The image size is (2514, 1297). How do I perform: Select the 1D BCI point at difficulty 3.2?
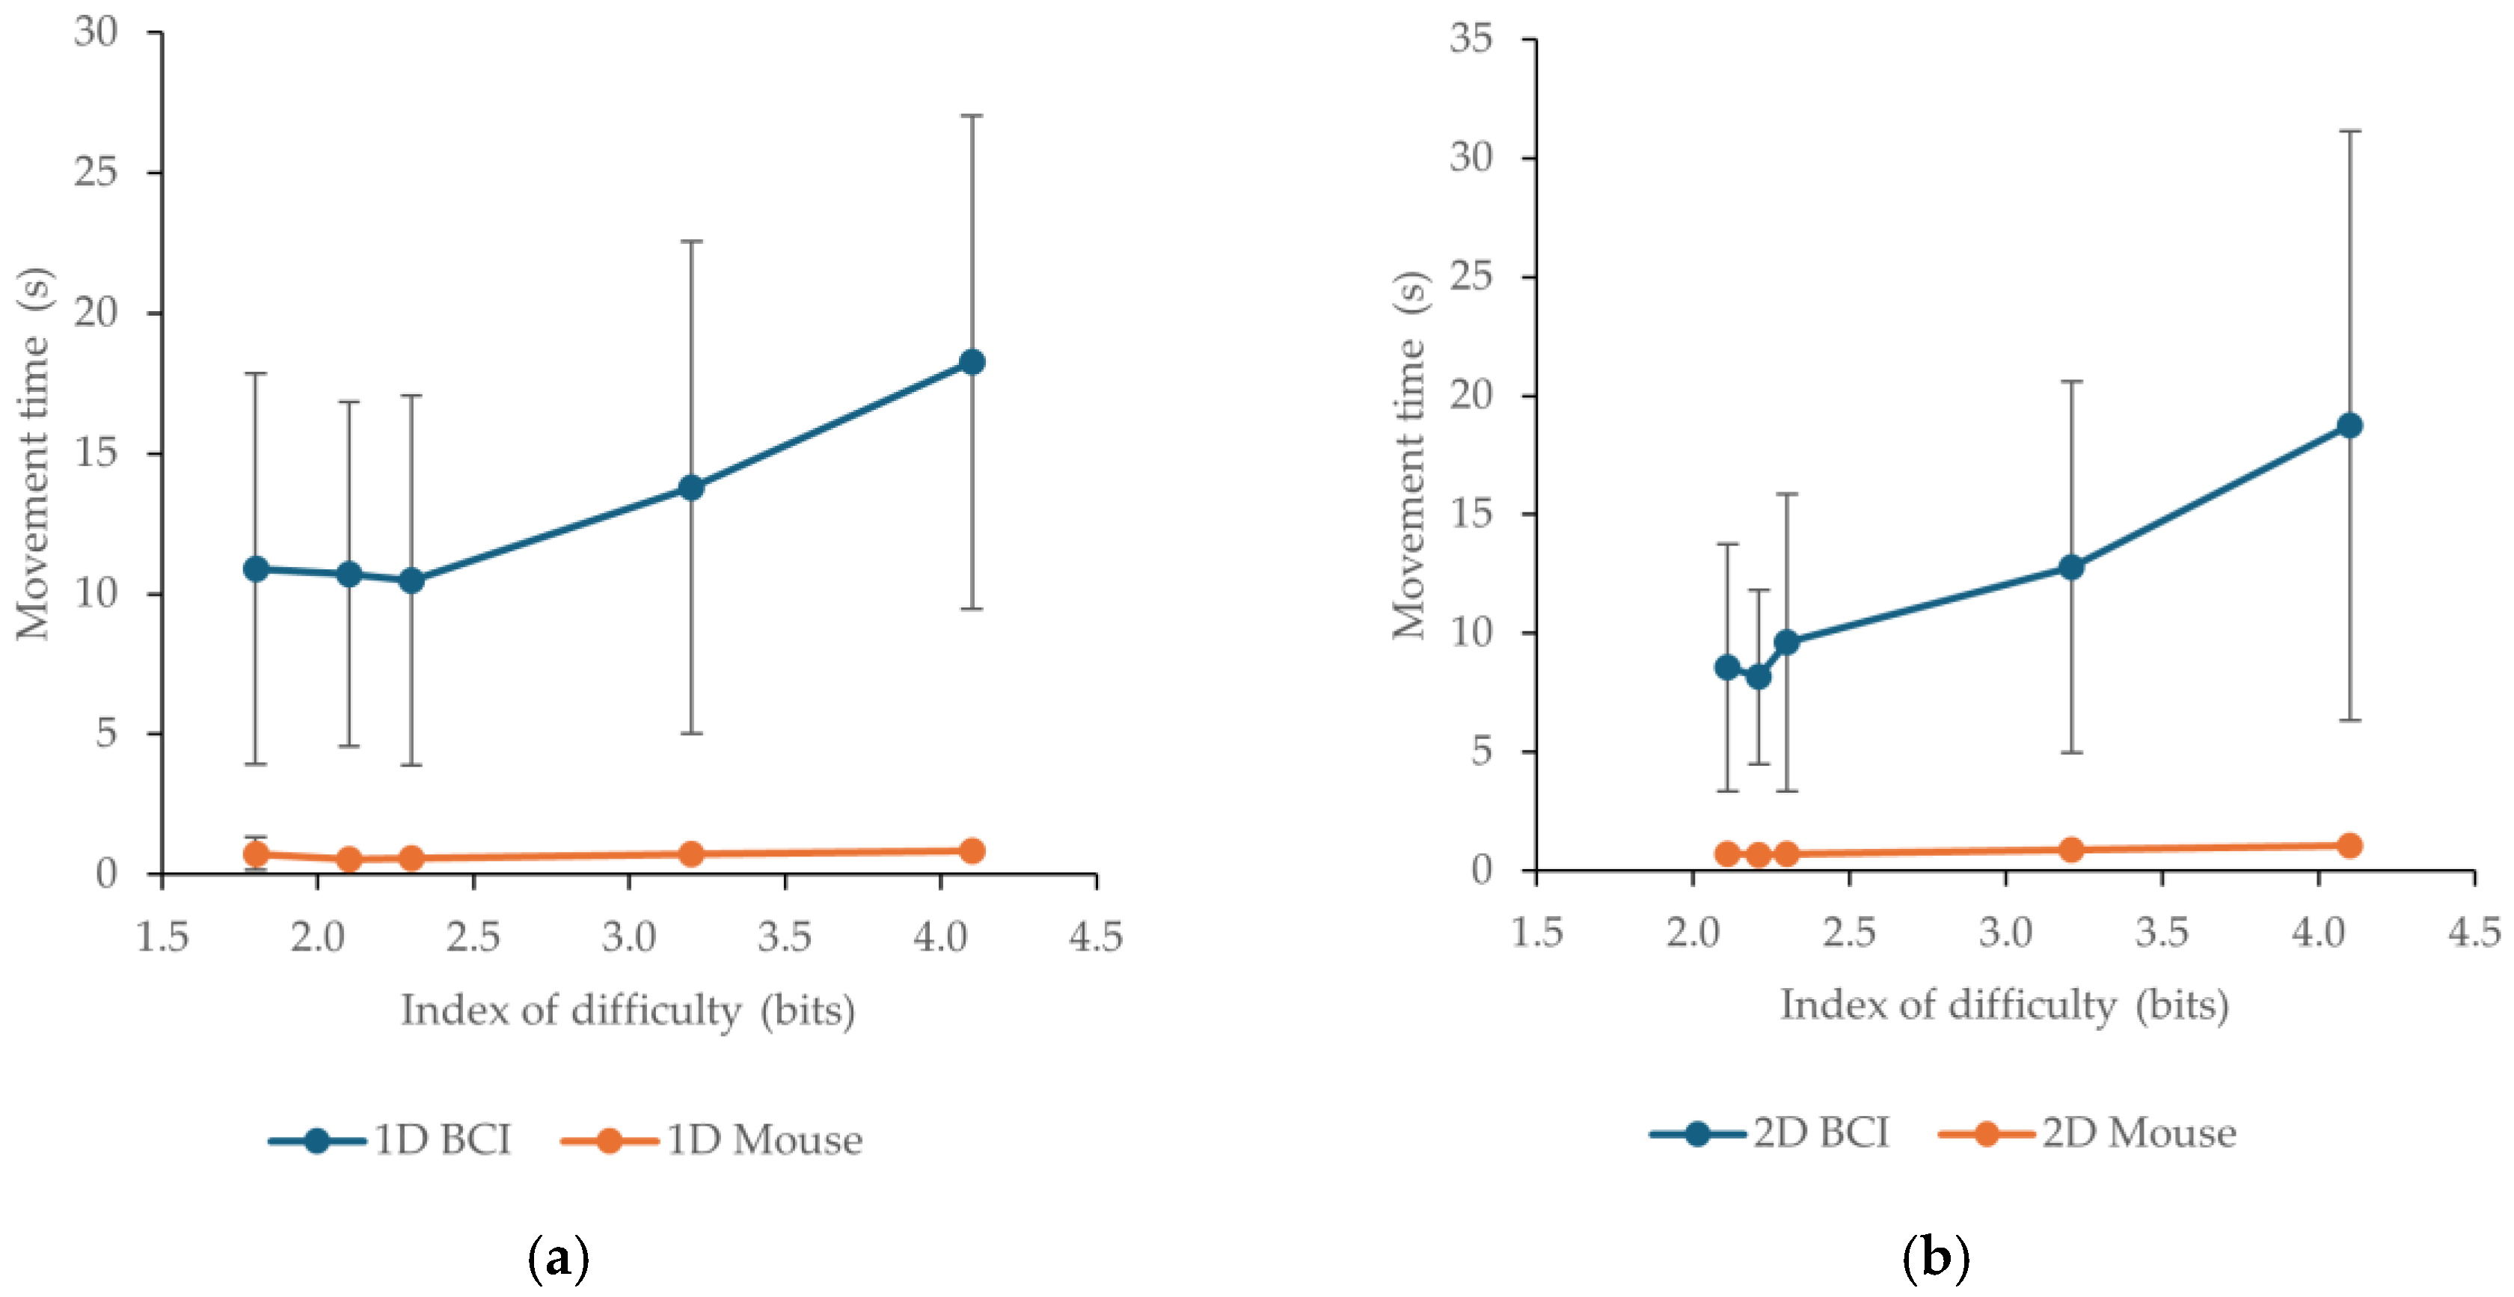click(691, 487)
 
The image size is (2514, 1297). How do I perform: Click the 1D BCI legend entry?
click(390, 1140)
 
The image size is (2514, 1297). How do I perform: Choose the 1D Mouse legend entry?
click(712, 1140)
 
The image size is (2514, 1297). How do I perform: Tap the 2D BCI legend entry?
click(1769, 1133)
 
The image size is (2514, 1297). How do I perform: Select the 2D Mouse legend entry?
click(2088, 1133)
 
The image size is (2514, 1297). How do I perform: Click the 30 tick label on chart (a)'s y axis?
click(96, 31)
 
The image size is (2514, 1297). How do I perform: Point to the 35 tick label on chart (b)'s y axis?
click(1471, 38)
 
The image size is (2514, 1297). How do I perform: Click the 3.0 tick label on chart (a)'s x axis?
click(628, 937)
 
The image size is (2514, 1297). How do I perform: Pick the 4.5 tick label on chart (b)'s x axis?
click(2474, 932)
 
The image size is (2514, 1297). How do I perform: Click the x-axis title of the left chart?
click(628, 1010)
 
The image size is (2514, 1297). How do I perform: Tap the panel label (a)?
click(558, 1260)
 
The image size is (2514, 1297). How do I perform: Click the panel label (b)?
click(1937, 1258)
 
